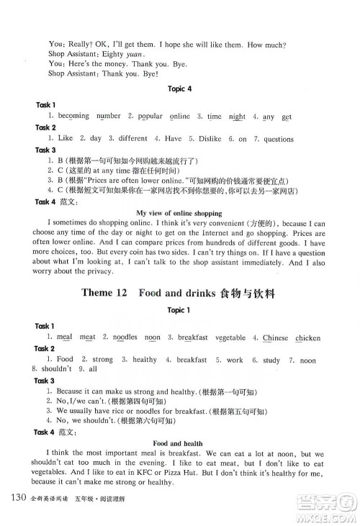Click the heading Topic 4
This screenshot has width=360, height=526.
click(179, 89)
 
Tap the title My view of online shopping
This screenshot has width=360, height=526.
click(179, 213)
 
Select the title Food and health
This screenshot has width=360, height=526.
click(179, 443)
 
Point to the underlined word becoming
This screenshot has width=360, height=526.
click(74, 116)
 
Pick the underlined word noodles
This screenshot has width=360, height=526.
click(125, 337)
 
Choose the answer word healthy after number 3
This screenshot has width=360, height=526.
click(145, 359)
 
